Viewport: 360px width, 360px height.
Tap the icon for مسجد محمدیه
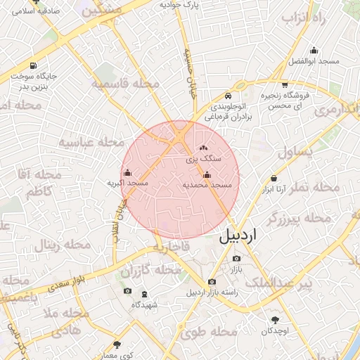[207, 175]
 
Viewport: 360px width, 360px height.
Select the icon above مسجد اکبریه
[127, 173]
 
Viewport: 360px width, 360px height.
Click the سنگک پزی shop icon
[204, 148]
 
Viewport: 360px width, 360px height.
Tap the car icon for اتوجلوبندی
[228, 96]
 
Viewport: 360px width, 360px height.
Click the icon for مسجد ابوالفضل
[313, 51]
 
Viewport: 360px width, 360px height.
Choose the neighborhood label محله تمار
[315, 188]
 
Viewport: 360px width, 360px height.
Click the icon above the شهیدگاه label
[145, 294]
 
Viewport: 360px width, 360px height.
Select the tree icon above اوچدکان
[274, 320]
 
